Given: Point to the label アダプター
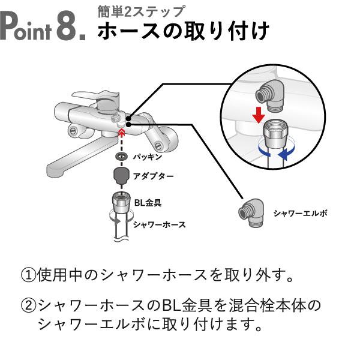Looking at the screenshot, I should [154, 177].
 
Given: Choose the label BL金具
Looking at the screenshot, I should [147, 203].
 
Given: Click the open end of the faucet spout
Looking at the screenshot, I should [55, 175].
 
